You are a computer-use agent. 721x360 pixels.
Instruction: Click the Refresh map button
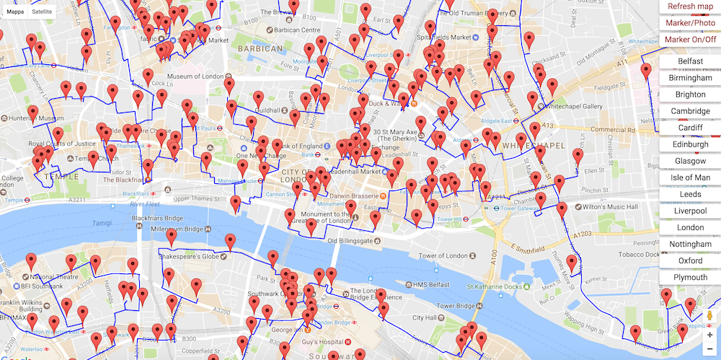pyautogui.click(x=690, y=6)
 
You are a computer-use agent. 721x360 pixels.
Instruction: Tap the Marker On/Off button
pyautogui.click(x=690, y=40)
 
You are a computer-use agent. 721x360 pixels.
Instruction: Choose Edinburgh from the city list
pyautogui.click(x=690, y=144)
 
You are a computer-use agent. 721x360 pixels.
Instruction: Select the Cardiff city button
pyautogui.click(x=690, y=128)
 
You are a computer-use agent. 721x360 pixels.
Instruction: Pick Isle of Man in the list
pyautogui.click(x=690, y=177)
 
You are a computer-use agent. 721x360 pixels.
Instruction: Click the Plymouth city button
pyautogui.click(x=690, y=278)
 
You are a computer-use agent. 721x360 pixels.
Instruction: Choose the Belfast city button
pyautogui.click(x=690, y=61)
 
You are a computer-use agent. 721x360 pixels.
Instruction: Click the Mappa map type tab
pyautogui.click(x=16, y=12)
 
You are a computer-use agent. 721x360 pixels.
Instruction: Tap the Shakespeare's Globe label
pyautogui.click(x=190, y=257)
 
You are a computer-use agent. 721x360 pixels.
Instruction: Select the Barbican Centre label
pyautogui.click(x=296, y=30)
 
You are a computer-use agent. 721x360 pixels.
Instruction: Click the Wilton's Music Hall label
pyautogui.click(x=612, y=207)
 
